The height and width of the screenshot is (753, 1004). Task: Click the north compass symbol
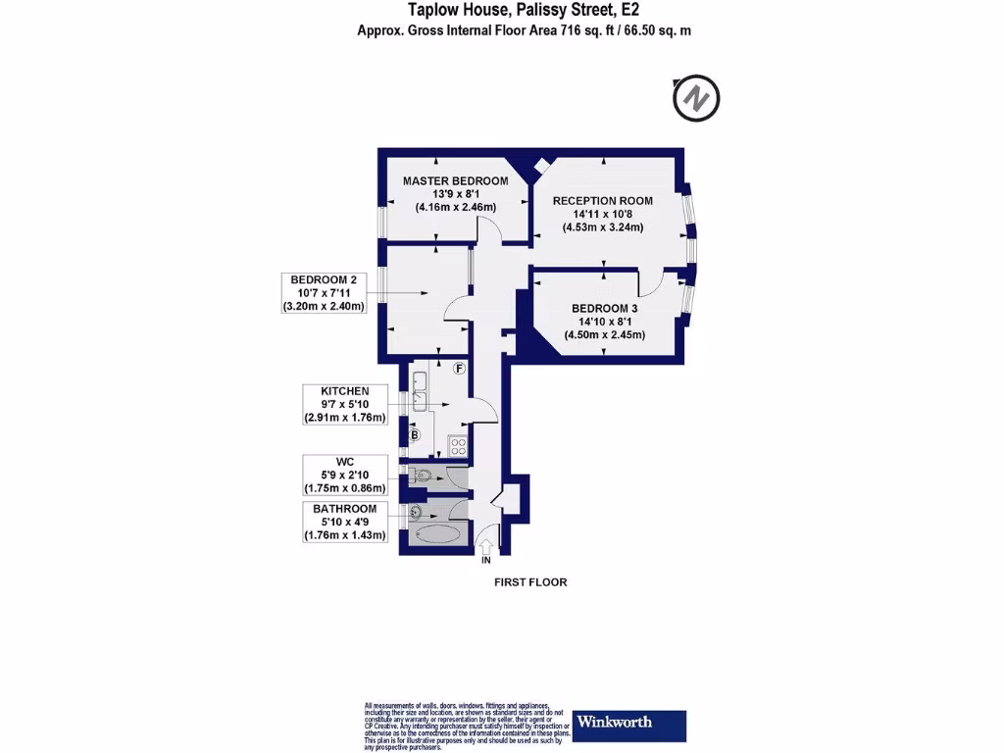click(696, 98)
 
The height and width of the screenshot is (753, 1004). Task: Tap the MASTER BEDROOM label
click(456, 181)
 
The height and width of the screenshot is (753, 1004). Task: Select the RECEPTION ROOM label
click(602, 201)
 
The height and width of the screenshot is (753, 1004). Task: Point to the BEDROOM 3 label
click(605, 308)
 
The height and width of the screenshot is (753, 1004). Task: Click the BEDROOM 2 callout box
click(323, 292)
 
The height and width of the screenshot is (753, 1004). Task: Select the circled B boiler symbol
click(414, 434)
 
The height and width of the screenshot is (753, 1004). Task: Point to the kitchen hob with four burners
click(456, 446)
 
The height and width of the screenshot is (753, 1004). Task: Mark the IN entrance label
click(485, 561)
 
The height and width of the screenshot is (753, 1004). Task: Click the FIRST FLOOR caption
click(529, 582)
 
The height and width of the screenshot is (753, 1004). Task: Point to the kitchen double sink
click(422, 390)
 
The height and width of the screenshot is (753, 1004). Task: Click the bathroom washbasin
click(415, 511)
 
